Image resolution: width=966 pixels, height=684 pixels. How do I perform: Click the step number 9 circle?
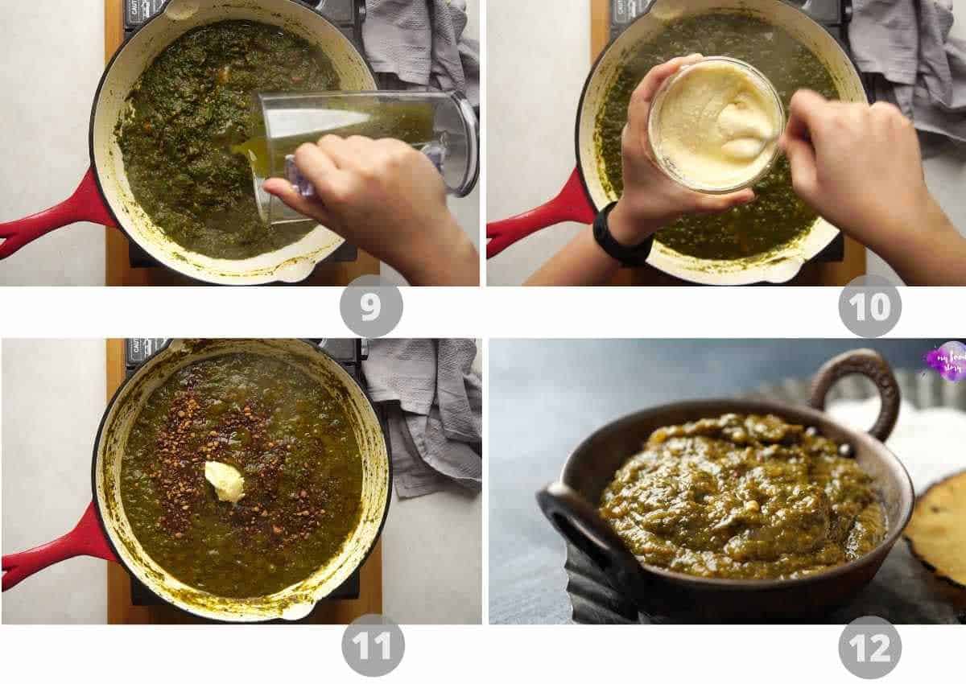coord(370,306)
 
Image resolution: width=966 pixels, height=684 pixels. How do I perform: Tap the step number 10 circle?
coord(869,306)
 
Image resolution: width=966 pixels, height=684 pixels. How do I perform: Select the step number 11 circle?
coord(373,645)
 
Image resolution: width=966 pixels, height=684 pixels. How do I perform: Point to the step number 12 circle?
coord(869,647)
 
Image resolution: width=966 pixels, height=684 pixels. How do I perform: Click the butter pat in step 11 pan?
coord(224,480)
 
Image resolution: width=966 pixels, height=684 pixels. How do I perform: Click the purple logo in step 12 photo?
coord(943,361)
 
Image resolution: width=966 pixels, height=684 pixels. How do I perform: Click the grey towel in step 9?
coord(419,40)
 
